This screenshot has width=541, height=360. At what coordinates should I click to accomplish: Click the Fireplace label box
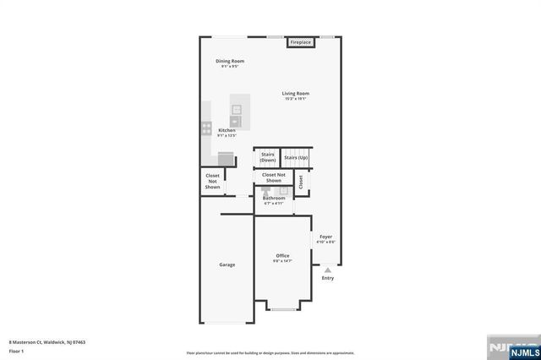tap(301, 42)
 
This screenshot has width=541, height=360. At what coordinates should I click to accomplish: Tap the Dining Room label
tap(230, 61)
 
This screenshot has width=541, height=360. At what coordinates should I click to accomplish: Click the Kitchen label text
tap(227, 130)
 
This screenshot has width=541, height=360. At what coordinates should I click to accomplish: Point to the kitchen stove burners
tap(206, 128)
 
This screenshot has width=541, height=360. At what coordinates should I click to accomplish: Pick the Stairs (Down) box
tap(267, 157)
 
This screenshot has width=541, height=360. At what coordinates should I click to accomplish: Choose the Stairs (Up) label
tap(296, 157)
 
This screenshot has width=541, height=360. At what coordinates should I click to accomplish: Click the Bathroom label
tap(274, 199)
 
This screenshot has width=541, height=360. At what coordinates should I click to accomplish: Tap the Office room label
tap(282, 255)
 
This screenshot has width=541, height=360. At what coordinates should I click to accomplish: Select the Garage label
tap(227, 265)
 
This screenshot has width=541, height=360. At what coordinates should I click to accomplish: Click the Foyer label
tap(325, 237)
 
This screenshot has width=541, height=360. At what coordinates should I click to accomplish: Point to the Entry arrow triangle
tap(327, 270)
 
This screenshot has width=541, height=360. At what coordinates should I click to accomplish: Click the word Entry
tap(327, 278)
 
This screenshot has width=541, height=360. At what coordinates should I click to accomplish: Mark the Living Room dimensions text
tap(295, 99)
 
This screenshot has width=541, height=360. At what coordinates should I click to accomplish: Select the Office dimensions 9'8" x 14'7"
tap(282, 261)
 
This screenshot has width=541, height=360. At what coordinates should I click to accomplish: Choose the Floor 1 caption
tap(16, 350)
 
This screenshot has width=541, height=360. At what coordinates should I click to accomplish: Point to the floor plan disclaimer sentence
tap(270, 353)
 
